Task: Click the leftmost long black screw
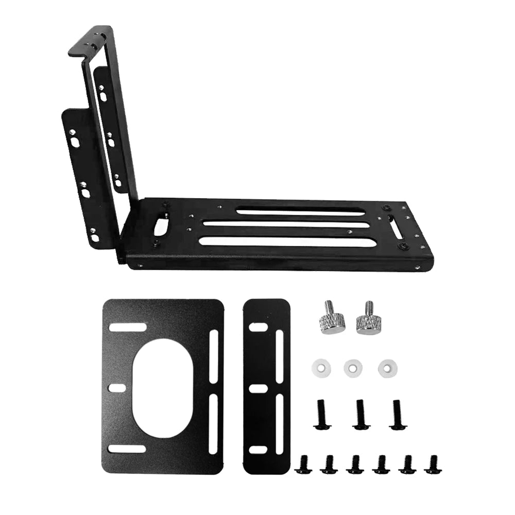click(x=320, y=415)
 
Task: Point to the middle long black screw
click(x=361, y=414)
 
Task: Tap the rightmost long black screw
click(x=397, y=414)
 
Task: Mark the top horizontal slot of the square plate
click(x=127, y=327)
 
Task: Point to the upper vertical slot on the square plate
click(x=213, y=356)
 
